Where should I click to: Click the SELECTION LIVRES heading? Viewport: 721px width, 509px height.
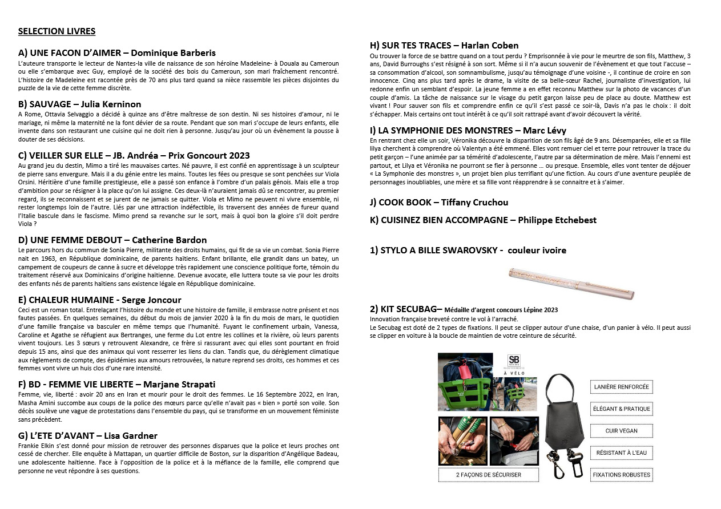[x=57, y=31]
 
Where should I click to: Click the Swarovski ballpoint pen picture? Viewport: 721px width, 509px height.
[x=571, y=282]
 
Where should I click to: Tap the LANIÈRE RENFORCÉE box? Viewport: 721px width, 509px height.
[x=621, y=387]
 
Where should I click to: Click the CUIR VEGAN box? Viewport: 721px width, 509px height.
[x=621, y=431]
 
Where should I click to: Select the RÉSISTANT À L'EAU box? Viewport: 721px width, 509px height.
[x=621, y=453]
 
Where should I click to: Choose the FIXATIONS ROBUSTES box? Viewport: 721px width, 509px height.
[x=621, y=475]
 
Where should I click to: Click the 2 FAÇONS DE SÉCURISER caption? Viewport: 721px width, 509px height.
[x=488, y=475]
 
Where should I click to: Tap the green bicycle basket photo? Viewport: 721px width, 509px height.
[x=465, y=381]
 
